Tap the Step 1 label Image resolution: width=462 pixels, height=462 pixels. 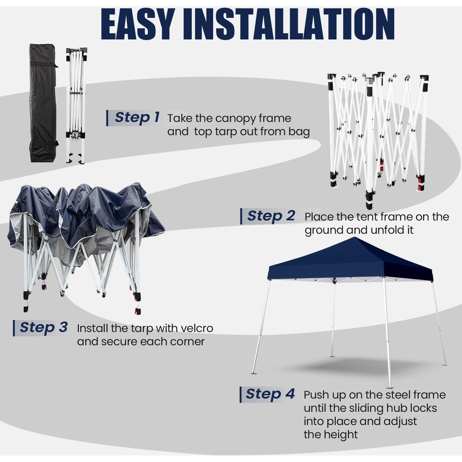137,117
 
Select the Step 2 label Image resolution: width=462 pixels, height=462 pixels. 271,216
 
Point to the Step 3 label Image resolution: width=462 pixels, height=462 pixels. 43,327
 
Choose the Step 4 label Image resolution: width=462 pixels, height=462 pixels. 270,394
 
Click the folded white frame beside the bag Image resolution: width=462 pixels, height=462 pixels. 76,105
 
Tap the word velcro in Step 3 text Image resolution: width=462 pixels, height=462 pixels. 197,328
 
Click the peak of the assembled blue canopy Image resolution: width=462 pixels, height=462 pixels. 356,239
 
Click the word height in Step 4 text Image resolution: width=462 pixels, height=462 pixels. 342,435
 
